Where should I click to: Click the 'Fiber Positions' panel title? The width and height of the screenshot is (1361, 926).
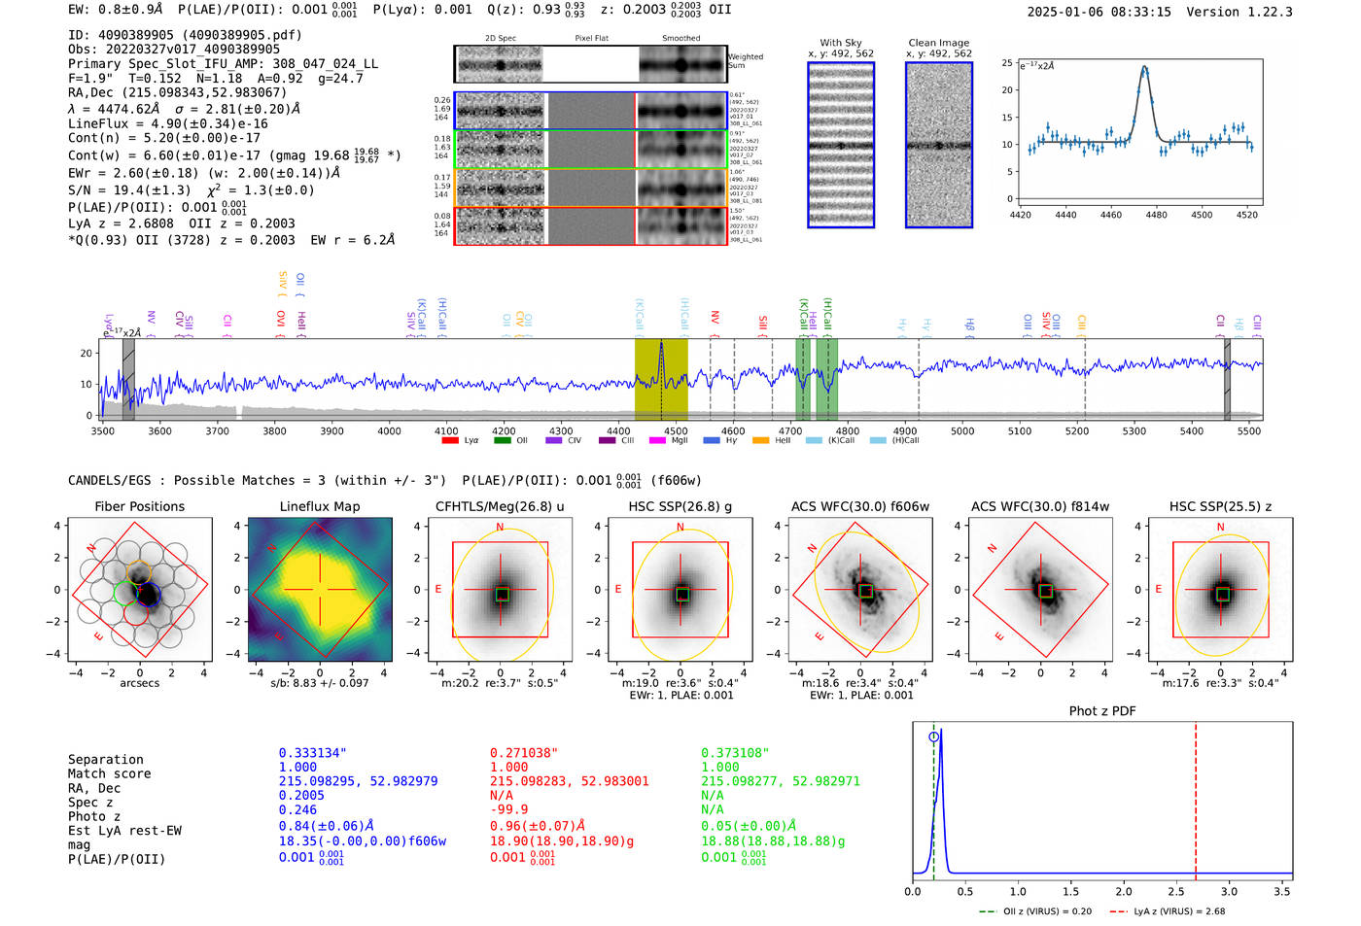pos(139,506)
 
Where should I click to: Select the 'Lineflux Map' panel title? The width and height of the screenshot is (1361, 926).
pos(319,506)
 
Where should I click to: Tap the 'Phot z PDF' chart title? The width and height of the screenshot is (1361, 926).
pos(1102,710)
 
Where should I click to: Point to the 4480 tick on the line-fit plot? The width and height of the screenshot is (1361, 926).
pos(1156,215)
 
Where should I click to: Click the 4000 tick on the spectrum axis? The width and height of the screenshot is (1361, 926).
pos(389,430)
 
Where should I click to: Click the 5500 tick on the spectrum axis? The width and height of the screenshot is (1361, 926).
pos(1249,430)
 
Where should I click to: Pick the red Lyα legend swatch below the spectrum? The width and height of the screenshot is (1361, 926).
pos(450,440)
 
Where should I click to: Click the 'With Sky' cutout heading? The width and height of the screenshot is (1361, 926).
pos(840,43)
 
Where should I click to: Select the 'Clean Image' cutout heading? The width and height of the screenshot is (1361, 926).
pos(938,43)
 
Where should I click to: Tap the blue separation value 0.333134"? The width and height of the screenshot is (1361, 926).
pos(312,753)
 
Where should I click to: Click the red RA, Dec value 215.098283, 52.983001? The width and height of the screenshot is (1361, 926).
pos(569,781)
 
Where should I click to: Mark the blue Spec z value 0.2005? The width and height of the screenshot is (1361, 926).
pos(301,795)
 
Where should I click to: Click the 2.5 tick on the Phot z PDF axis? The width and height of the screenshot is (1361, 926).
pos(1175,891)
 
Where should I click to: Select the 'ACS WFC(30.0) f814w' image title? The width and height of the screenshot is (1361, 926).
pos(1040,506)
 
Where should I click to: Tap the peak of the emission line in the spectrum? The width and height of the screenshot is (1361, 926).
pos(661,343)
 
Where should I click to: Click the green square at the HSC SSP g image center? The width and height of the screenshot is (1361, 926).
pos(682,595)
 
